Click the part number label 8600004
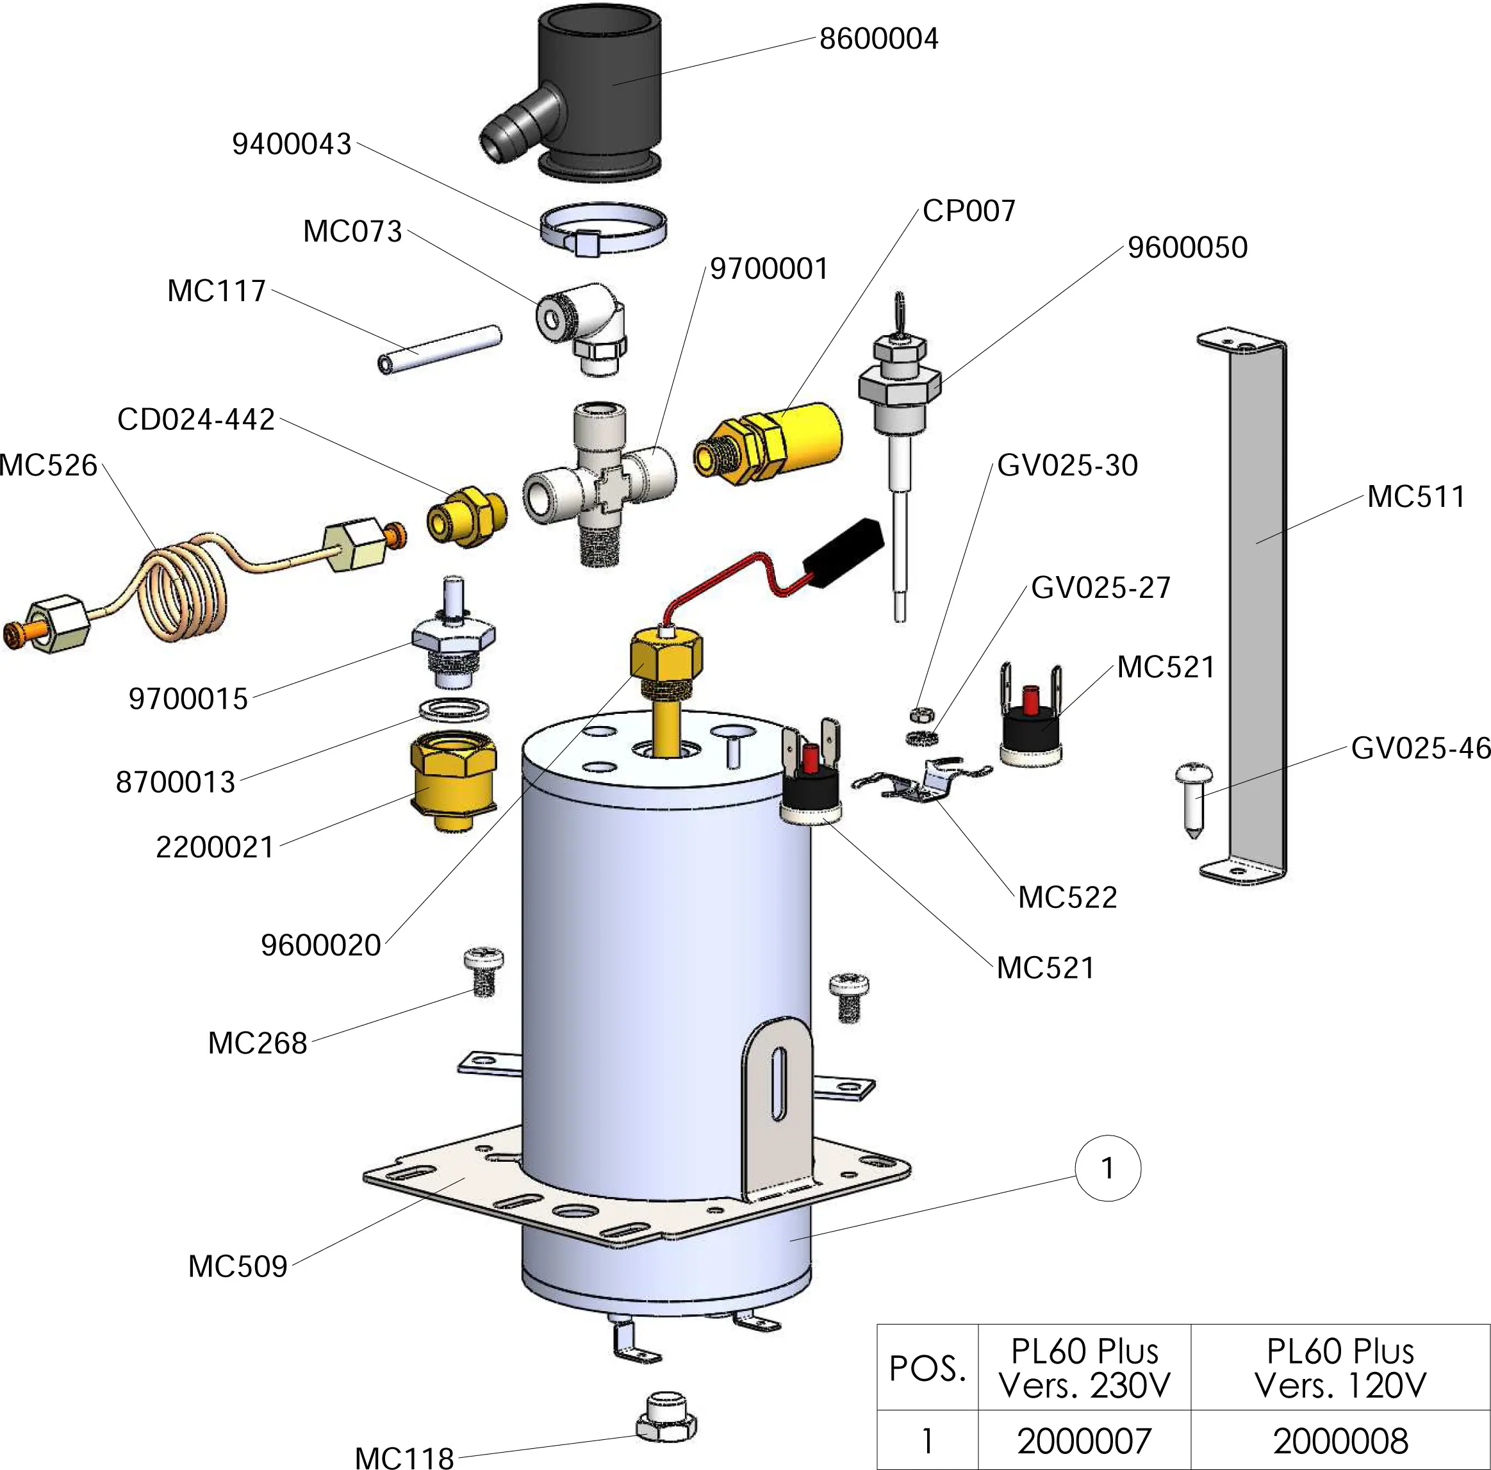878,38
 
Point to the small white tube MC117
440,351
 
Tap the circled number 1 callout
1107,1168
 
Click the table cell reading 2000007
1083,1440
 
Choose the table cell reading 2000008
1340,1440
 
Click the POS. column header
927,1368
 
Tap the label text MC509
238,1266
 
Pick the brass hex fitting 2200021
453,779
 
